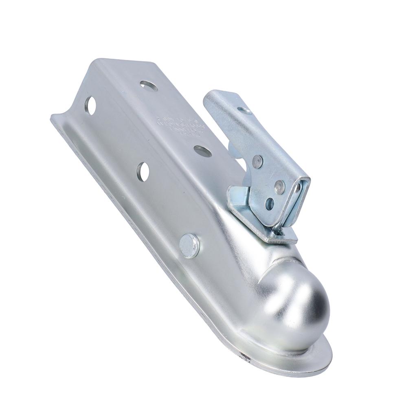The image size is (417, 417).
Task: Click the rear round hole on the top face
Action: click(x=149, y=86)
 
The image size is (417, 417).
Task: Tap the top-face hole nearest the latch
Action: click(x=202, y=151)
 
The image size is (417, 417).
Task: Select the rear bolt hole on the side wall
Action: click(x=90, y=105)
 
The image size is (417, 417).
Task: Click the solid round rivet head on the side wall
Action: click(x=189, y=246)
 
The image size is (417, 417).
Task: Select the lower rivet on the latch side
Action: click(x=279, y=187)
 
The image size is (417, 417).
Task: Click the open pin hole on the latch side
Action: click(x=269, y=204)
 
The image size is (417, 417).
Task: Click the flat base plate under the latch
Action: click(x=281, y=237)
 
